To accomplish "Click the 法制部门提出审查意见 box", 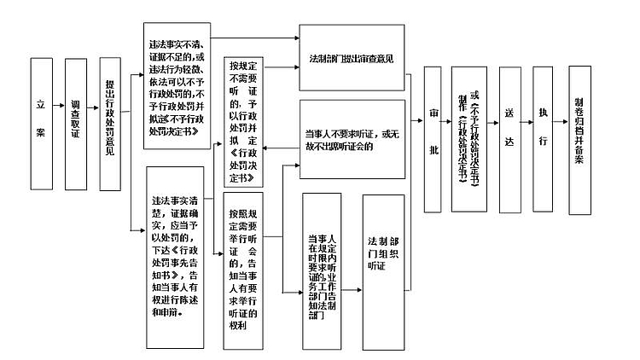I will (x=351, y=61).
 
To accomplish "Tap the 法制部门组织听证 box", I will (x=383, y=267).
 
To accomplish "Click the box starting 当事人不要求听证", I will (x=351, y=138).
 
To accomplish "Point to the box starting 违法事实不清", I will (x=177, y=88).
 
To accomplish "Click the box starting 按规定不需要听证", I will (x=242, y=120).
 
